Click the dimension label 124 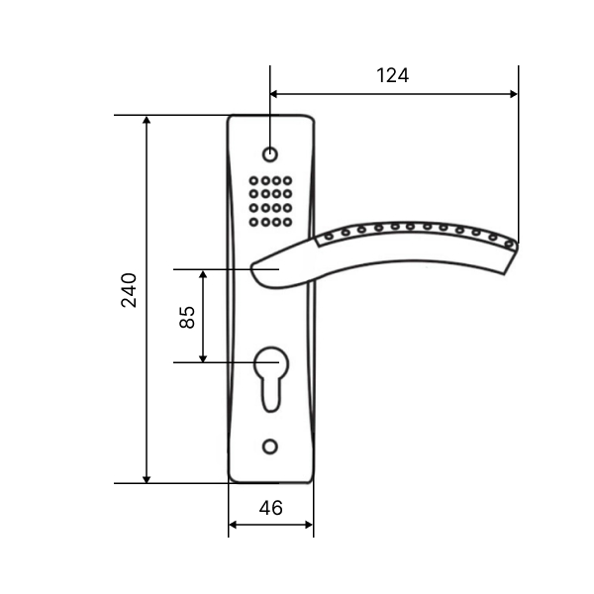pos(392,75)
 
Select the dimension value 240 pos(129,290)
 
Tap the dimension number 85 pos(187,317)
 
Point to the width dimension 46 pos(271,508)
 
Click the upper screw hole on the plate pos(270,154)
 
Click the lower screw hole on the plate pos(270,447)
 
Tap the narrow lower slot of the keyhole pos(271,396)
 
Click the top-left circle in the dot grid pos(253,181)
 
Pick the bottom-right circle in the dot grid pos(287,222)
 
